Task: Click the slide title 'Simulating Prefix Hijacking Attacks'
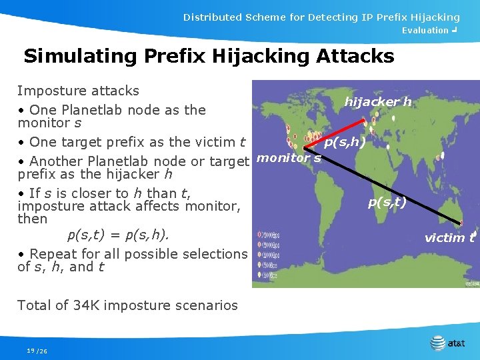(x=209, y=56)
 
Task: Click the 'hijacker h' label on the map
(x=377, y=101)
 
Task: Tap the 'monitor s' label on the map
(x=289, y=158)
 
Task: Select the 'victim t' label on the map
(x=449, y=237)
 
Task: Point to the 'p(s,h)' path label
(x=344, y=142)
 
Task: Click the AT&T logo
(x=448, y=343)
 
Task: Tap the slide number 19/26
(x=37, y=351)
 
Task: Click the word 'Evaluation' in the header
(x=425, y=31)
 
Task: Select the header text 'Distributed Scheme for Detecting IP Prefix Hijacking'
(x=321, y=17)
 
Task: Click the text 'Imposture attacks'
(x=78, y=91)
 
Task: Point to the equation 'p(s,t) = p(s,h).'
(x=118, y=235)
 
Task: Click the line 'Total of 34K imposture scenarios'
(x=127, y=305)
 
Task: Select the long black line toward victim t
(x=387, y=187)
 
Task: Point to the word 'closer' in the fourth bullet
(x=74, y=193)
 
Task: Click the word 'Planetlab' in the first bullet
(x=91, y=110)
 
